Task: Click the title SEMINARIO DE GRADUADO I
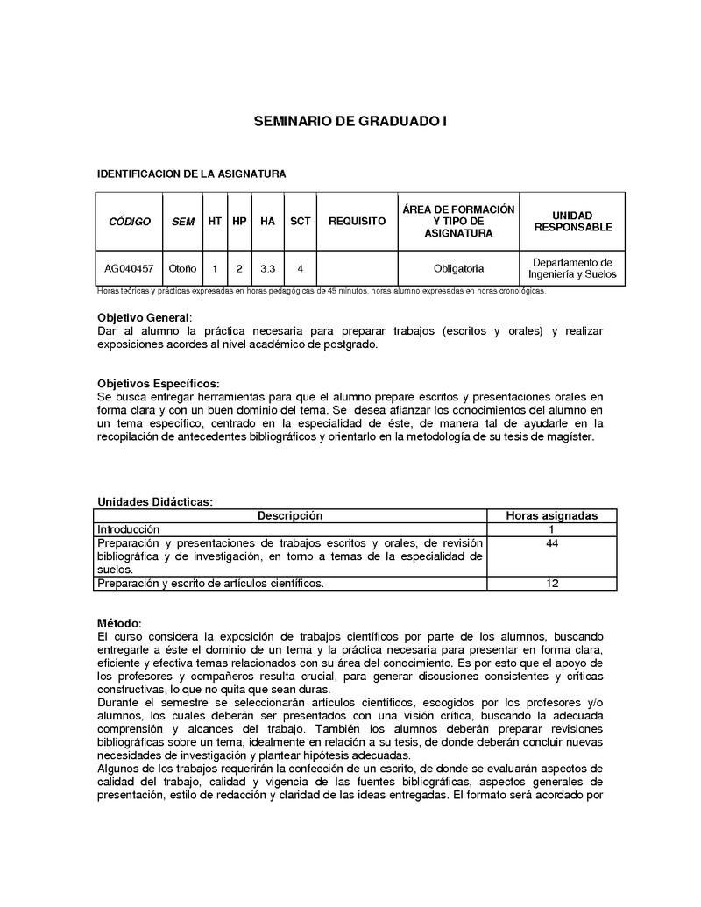(350, 122)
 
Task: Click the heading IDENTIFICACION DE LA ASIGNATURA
(191, 174)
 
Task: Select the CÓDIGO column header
(130, 222)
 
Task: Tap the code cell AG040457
(130, 269)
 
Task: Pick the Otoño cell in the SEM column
(183, 269)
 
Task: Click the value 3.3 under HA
(268, 269)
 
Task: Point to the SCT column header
(301, 222)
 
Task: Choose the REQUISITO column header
(357, 222)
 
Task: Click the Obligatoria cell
(458, 269)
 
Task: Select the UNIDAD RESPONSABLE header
(573, 222)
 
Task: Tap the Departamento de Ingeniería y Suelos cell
(573, 268)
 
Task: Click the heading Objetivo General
(144, 317)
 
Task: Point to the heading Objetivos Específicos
(158, 384)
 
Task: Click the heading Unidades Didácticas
(154, 502)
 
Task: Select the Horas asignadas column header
(552, 516)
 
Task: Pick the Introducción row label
(128, 530)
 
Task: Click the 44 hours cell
(552, 543)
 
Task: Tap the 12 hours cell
(552, 584)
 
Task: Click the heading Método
(118, 622)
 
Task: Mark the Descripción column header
(290, 516)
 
